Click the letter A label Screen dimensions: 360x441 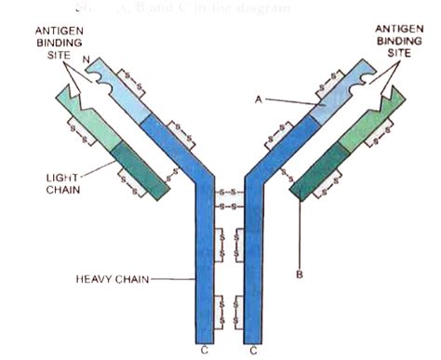256,95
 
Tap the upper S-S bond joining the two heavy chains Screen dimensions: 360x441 228,194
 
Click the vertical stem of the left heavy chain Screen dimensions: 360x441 206,270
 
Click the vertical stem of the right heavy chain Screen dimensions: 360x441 252,270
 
